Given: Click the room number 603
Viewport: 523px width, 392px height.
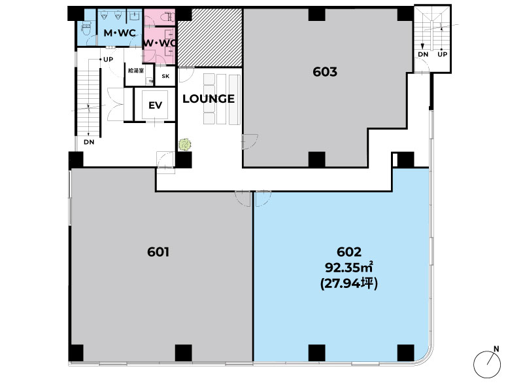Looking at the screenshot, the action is coord(325,72).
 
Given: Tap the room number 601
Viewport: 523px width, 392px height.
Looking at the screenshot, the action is coord(158,252).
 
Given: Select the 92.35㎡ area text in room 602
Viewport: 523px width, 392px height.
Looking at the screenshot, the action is coord(349,268).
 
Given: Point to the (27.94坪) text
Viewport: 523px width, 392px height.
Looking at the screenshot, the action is coord(349,283).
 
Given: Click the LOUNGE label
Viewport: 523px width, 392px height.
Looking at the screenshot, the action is coord(209,99).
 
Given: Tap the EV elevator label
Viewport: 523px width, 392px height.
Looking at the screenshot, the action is coord(155,105).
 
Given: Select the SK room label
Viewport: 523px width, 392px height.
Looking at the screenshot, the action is coord(165,76).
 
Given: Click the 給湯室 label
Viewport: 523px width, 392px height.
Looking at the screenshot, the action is coord(136,71).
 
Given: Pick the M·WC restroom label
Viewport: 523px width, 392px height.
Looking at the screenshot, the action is coord(120,33).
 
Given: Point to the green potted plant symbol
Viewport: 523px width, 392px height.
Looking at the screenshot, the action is coord(185,145).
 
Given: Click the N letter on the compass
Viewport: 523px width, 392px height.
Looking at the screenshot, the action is coord(496,349).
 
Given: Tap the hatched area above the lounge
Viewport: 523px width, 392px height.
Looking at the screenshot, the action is coord(209,37).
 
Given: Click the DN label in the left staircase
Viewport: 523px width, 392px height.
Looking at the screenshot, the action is coord(89,142).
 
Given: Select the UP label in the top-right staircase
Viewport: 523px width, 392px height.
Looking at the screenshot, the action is coord(443,54).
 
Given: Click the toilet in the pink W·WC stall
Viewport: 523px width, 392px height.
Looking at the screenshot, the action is coord(167,17).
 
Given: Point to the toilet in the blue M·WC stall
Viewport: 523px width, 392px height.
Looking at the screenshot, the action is coord(86,28).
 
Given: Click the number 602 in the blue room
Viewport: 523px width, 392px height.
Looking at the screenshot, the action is coord(349,252).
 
